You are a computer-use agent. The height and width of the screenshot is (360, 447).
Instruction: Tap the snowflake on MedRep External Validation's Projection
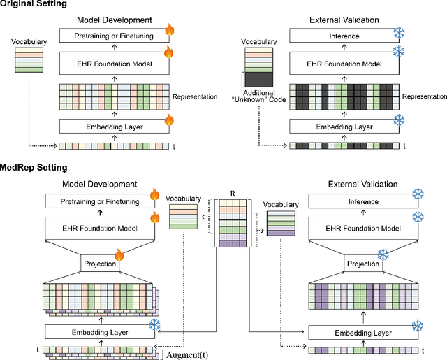point(383,254)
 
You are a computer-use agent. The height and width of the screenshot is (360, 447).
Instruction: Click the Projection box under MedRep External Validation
point(362,264)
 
